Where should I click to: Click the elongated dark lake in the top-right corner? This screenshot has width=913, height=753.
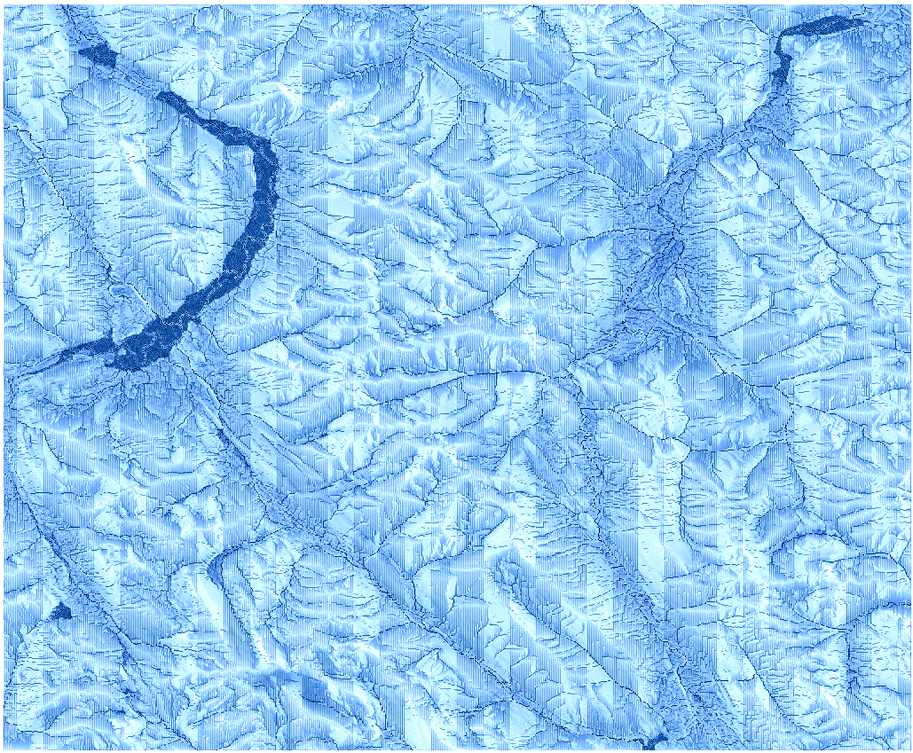click(821, 27)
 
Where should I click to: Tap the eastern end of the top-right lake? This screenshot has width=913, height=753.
click(861, 20)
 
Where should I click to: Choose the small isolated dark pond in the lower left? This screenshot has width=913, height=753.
click(61, 611)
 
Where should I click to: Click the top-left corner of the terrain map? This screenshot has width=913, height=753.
click(4, 5)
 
